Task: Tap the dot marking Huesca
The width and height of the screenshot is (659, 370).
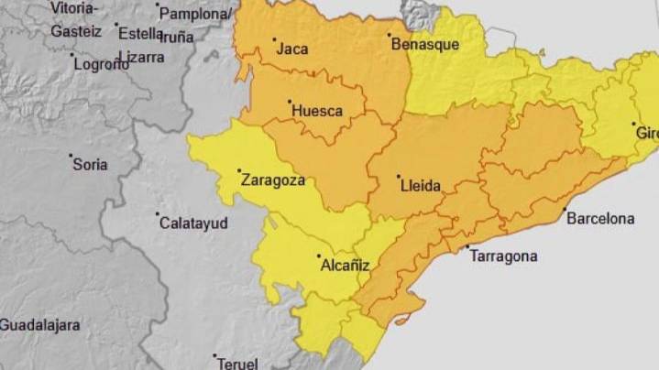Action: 290,102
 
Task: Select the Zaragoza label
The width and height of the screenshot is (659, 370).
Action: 272,180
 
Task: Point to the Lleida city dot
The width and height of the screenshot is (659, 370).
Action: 398,177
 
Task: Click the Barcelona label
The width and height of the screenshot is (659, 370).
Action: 600,219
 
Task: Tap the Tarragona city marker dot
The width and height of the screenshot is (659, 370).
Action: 467,247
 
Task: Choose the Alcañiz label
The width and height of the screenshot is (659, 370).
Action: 346,266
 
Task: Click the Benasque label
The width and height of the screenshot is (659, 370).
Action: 424,44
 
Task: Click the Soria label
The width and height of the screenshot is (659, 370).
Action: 90,165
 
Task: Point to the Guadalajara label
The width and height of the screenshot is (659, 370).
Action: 39,325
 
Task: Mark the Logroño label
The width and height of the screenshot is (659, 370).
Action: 101,65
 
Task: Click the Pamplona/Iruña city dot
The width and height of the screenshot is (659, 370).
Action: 158,6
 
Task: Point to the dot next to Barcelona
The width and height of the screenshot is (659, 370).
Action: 564,210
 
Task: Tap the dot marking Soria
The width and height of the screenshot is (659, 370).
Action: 71,157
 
